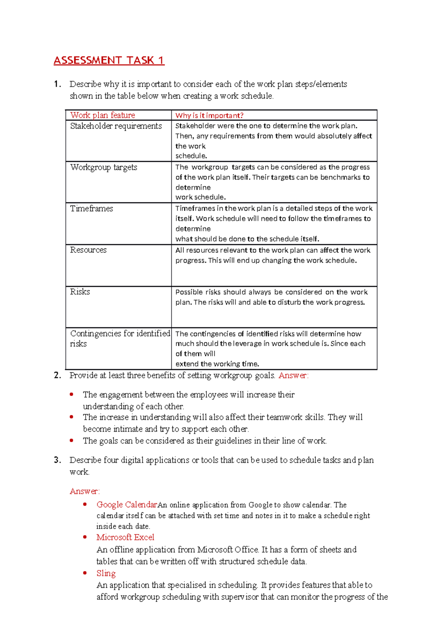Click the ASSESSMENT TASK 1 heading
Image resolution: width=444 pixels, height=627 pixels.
(109, 60)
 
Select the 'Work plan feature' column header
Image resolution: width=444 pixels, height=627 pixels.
(102, 115)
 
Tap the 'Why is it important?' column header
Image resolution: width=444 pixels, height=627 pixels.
(209, 115)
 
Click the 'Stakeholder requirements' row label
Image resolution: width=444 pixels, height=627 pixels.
(116, 126)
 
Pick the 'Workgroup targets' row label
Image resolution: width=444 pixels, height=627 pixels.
(104, 167)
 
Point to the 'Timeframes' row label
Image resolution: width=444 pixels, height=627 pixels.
(91, 209)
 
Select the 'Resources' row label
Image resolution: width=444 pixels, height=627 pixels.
(88, 250)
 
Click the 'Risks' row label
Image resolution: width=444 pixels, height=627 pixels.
(80, 292)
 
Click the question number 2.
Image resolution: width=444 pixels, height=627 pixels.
(57, 376)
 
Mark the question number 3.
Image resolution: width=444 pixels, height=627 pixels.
(57, 460)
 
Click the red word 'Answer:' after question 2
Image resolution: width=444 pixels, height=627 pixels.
(293, 376)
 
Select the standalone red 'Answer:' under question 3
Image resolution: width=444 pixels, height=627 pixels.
(85, 491)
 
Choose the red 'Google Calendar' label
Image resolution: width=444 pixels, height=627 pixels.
(127, 505)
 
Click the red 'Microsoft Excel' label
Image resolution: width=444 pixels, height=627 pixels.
(125, 537)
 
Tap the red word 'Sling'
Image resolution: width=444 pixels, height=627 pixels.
(106, 573)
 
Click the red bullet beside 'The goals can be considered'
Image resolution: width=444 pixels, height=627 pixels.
(72, 441)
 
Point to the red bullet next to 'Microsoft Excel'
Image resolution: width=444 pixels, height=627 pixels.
(85, 537)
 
